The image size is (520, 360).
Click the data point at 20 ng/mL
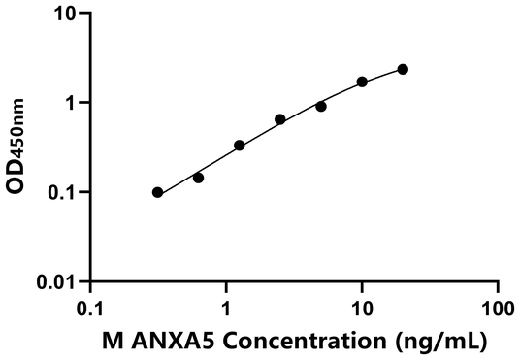click(403, 69)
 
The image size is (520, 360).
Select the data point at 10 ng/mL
click(362, 82)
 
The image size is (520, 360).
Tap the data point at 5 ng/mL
click(321, 106)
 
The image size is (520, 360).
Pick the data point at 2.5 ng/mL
click(280, 119)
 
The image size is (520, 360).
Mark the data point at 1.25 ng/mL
click(240, 146)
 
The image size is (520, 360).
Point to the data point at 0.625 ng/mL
click(199, 178)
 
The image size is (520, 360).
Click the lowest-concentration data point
click(158, 192)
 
